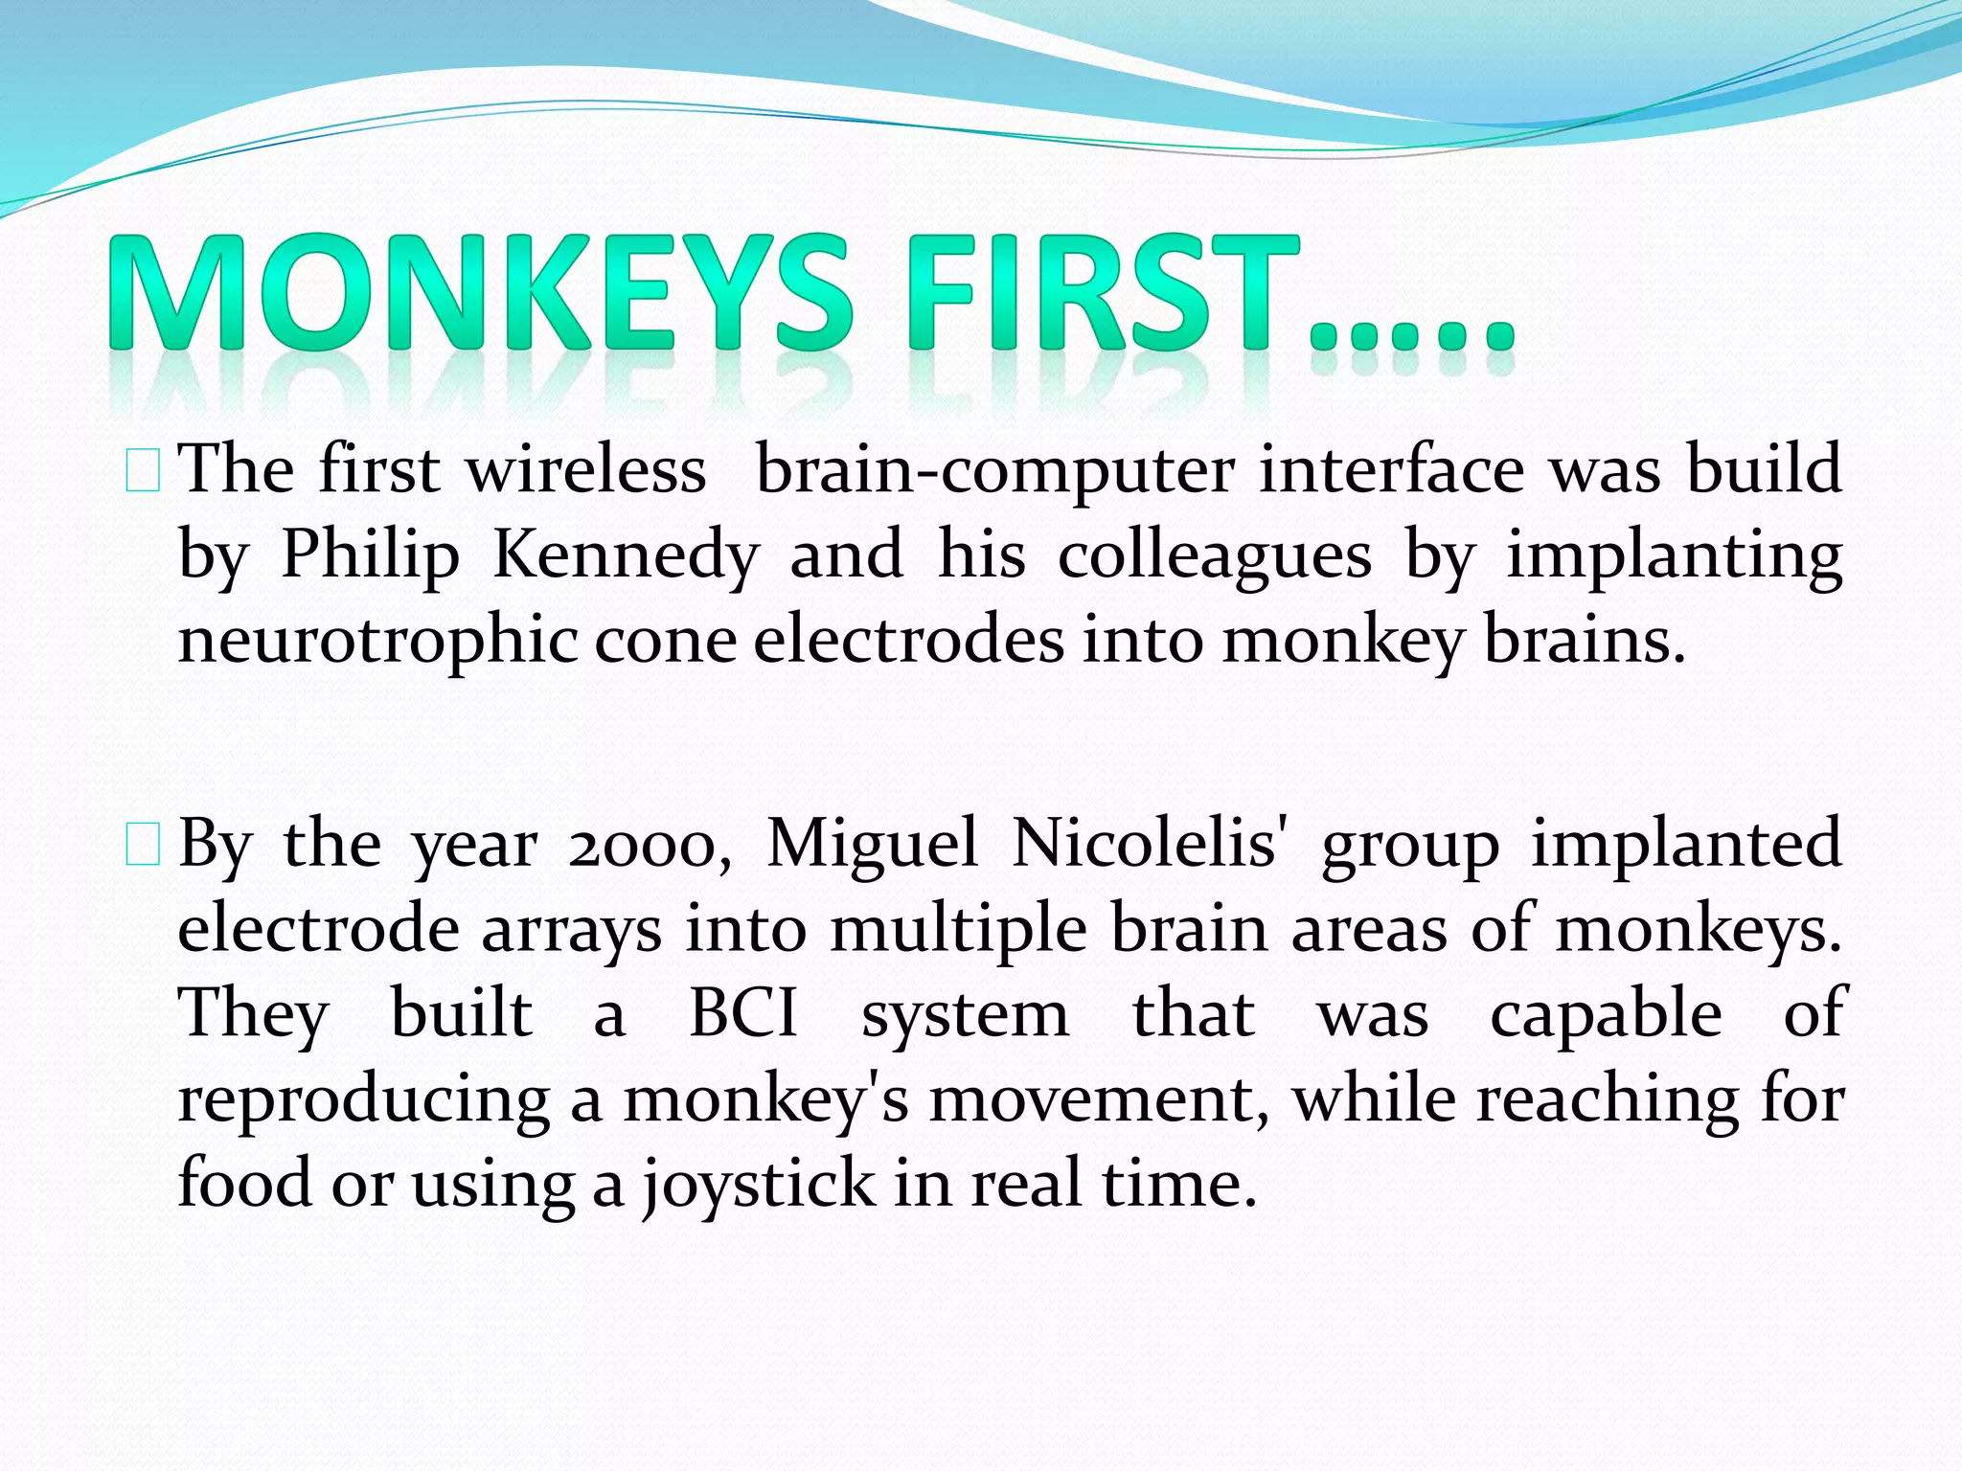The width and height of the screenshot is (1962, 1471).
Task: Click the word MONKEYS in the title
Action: click(x=479, y=292)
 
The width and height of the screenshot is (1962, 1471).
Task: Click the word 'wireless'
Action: click(x=585, y=470)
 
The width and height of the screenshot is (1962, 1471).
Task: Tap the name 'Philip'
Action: click(x=370, y=556)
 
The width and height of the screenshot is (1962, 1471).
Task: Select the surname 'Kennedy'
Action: click(x=626, y=554)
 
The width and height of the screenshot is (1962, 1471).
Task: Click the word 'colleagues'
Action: click(x=1214, y=556)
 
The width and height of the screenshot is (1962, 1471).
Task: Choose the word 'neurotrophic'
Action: click(x=377, y=641)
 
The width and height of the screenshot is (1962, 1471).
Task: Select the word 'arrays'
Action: click(x=571, y=930)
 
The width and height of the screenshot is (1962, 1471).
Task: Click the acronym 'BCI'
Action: click(x=743, y=1013)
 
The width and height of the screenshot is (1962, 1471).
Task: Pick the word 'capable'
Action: click(x=1606, y=1013)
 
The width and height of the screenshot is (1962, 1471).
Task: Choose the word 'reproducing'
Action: click(x=363, y=1100)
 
